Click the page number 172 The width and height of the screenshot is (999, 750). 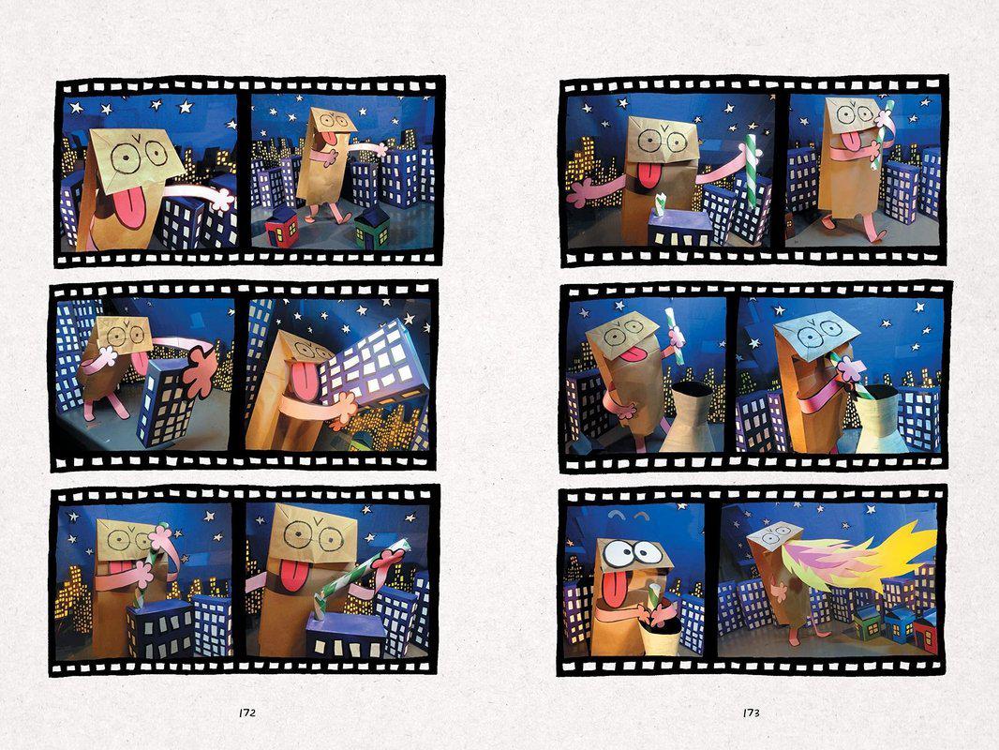(247, 712)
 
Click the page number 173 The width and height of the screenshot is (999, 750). (752, 712)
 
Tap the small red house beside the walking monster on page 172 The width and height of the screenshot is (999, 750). (281, 227)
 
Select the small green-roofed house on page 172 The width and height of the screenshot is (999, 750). (373, 228)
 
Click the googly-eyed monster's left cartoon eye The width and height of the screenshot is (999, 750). (616, 553)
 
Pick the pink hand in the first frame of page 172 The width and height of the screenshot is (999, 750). (222, 197)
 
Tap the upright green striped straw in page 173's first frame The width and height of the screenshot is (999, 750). (751, 170)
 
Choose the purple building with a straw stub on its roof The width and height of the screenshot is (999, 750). (679, 228)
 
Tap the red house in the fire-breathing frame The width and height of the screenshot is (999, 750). (924, 630)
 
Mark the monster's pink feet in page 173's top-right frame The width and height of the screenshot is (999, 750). (853, 230)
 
